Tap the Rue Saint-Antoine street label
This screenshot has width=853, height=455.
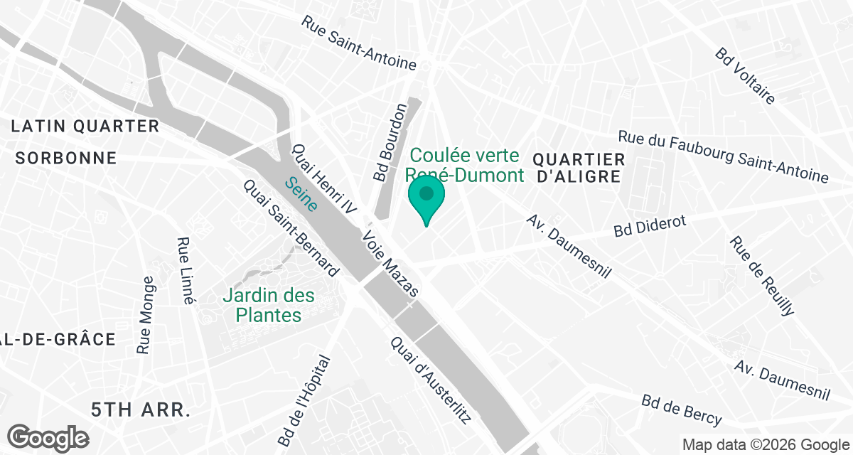tap(359, 43)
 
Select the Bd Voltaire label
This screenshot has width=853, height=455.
tap(746, 76)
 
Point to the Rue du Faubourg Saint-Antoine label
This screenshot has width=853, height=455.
tap(723, 157)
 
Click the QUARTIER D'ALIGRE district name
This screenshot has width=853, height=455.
tap(579, 168)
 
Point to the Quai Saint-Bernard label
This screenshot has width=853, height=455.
tap(291, 227)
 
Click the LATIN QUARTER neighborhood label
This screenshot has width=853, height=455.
tap(85, 127)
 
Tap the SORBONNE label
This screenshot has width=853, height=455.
tap(65, 158)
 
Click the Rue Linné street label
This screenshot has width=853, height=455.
tap(185, 271)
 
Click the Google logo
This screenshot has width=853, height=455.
tap(48, 437)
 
